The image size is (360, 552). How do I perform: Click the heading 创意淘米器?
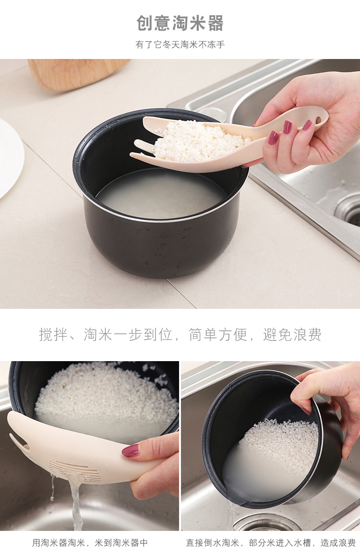(x=180, y=23)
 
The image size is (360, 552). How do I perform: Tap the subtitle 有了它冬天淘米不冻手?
(x=180, y=44)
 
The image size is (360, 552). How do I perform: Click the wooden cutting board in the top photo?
(x=77, y=73)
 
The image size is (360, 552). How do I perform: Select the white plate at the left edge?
(x=10, y=158)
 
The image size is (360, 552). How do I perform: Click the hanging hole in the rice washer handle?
(x=318, y=120)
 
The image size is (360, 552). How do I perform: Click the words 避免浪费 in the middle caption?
(x=292, y=334)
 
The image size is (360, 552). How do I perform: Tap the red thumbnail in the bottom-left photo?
(x=131, y=451)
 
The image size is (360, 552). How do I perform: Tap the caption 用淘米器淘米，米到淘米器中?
(x=90, y=542)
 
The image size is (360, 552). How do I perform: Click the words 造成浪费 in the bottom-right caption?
(x=338, y=542)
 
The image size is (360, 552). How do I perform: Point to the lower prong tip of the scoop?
(x=131, y=154)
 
